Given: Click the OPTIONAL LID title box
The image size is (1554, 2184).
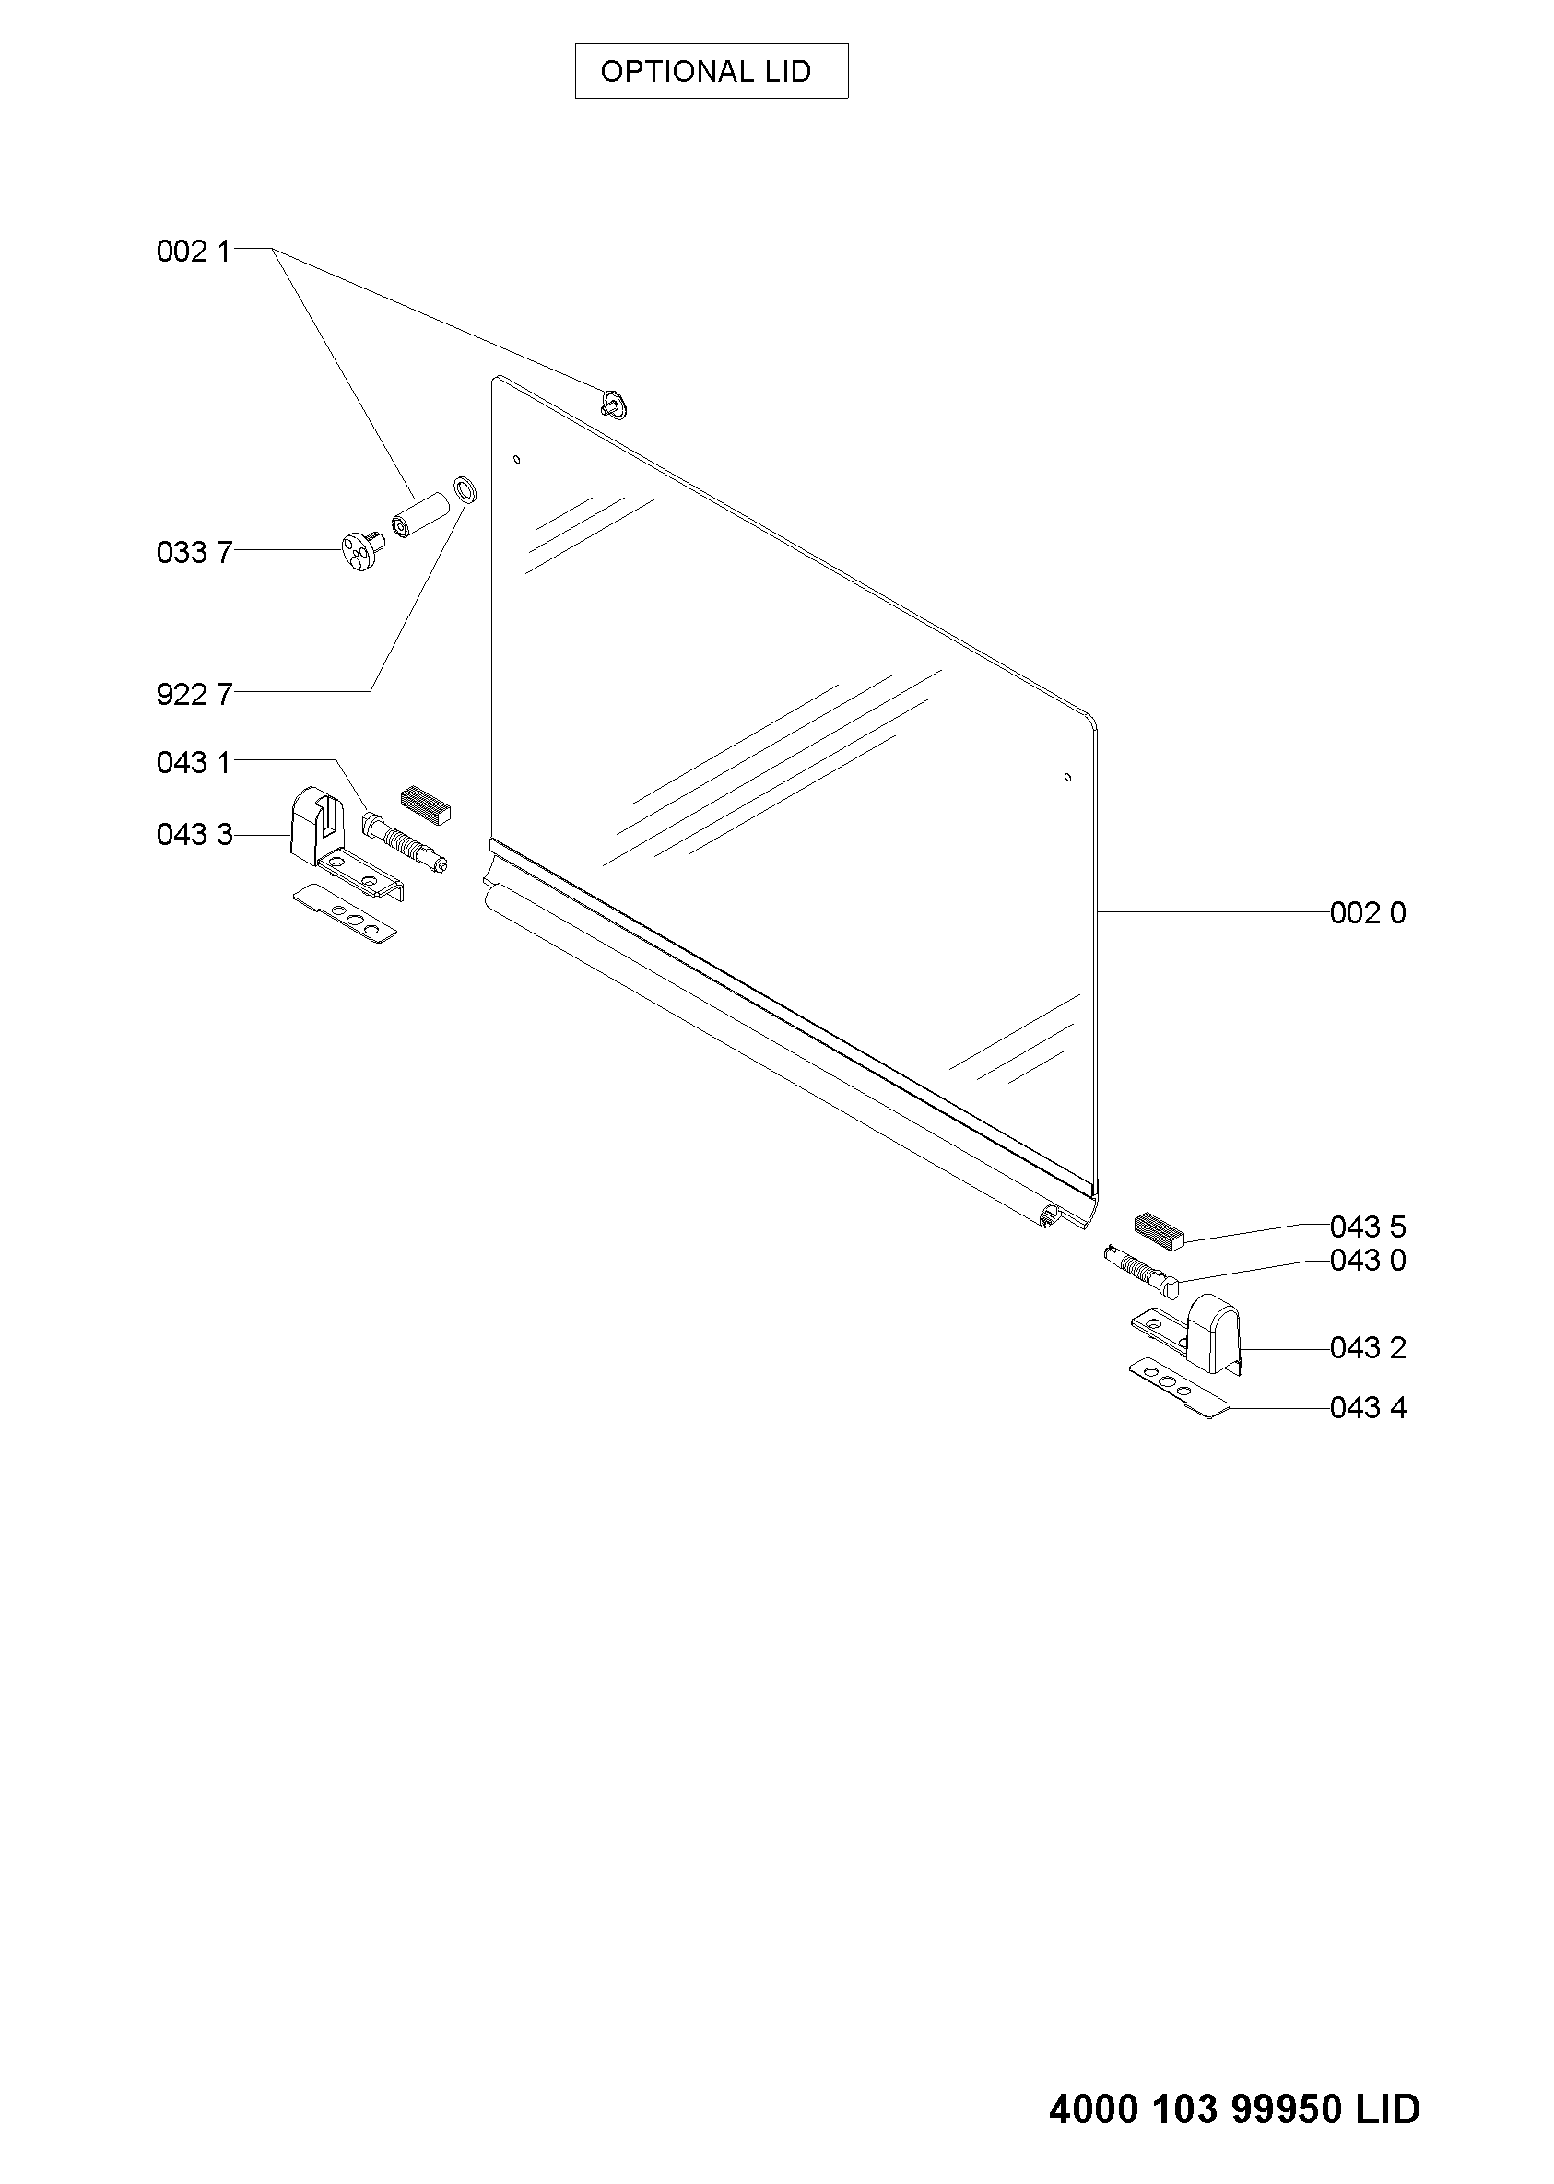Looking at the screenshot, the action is tap(711, 71).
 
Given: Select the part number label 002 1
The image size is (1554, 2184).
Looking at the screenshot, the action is tap(194, 252).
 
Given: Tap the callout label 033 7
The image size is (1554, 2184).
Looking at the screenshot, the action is tap(194, 553).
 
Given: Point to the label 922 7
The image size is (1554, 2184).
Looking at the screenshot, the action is tap(194, 695).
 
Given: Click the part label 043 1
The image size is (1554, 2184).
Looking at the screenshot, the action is tap(194, 762).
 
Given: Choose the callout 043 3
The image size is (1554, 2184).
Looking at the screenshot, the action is tap(194, 835).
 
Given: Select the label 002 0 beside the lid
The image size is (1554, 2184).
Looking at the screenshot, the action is tap(1369, 913).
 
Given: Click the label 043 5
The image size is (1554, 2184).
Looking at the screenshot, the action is tap(1369, 1227).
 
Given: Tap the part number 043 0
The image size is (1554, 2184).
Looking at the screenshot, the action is tap(1369, 1261).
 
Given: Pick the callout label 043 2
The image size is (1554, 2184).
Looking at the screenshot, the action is tap(1369, 1348).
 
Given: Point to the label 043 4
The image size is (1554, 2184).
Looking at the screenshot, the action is tap(1369, 1408).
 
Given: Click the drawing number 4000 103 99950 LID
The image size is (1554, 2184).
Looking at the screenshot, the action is tap(1234, 2108).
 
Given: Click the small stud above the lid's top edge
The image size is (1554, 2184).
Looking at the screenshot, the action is tap(615, 405).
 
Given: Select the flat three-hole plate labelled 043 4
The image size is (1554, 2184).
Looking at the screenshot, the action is tap(1179, 1389).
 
